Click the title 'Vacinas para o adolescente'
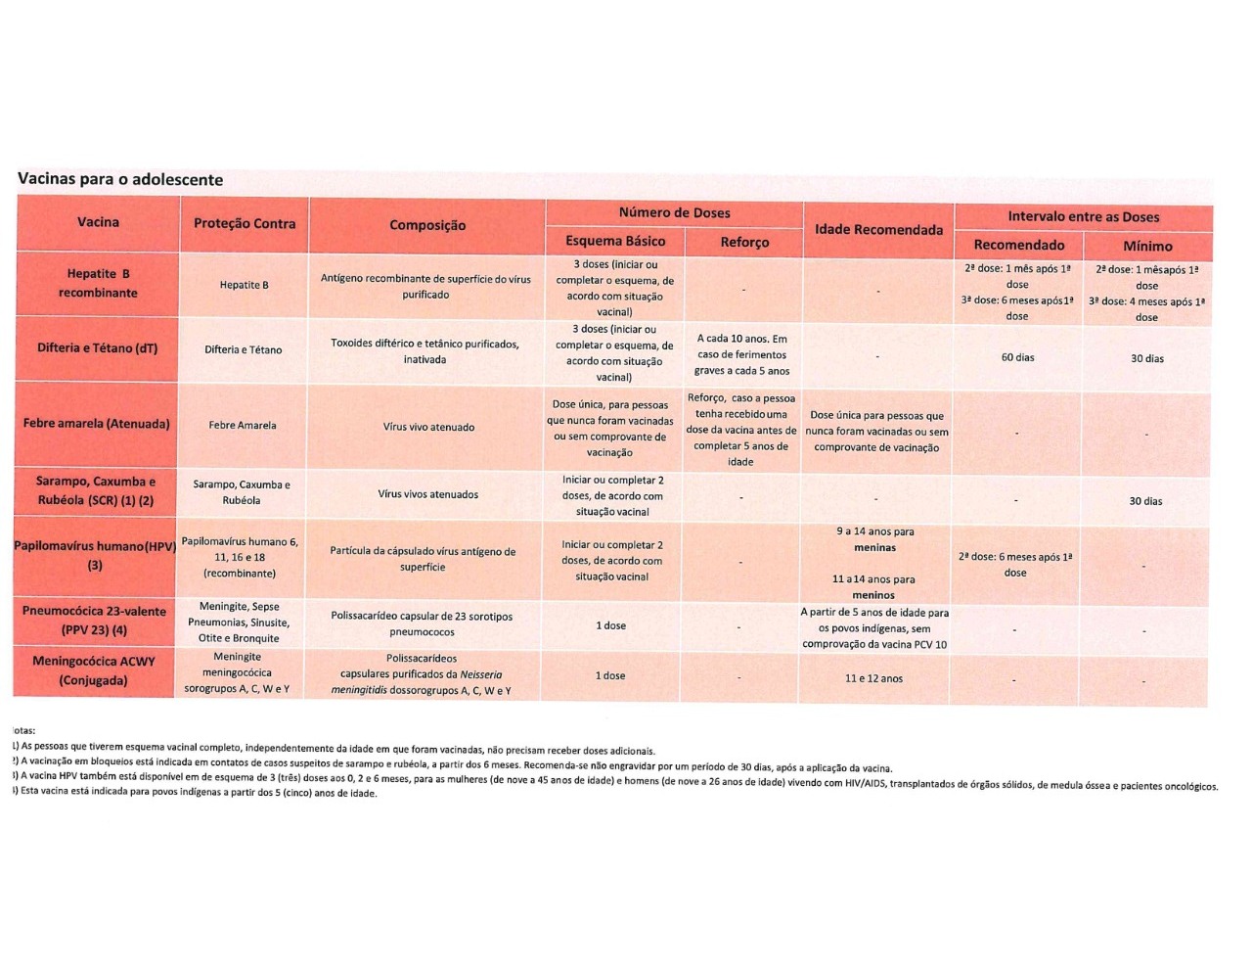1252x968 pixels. pos(120,180)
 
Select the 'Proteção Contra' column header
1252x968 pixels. pos(245,224)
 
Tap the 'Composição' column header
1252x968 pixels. pos(427,225)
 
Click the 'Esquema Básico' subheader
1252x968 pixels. pos(615,241)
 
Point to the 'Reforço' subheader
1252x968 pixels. pos(744,242)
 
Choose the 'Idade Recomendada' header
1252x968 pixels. pos(878,230)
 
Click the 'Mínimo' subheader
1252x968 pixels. pos(1147,246)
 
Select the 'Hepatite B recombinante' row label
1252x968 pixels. pos(98,283)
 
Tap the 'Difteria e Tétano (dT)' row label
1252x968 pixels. pos(98,348)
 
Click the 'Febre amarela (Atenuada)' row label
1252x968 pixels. pos(97,424)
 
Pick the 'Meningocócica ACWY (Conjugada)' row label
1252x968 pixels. pos(94,670)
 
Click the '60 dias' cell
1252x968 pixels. pos(1017,357)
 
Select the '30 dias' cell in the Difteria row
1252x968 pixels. pos(1147,358)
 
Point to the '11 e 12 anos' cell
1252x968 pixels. pos(873,678)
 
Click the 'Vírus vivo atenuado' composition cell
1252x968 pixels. pos(428,427)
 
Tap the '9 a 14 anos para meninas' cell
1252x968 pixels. pos(874,539)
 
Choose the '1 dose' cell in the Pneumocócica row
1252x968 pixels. pos(611,625)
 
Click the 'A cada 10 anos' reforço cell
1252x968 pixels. pos(741,354)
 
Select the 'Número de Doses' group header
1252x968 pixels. pos(674,212)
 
